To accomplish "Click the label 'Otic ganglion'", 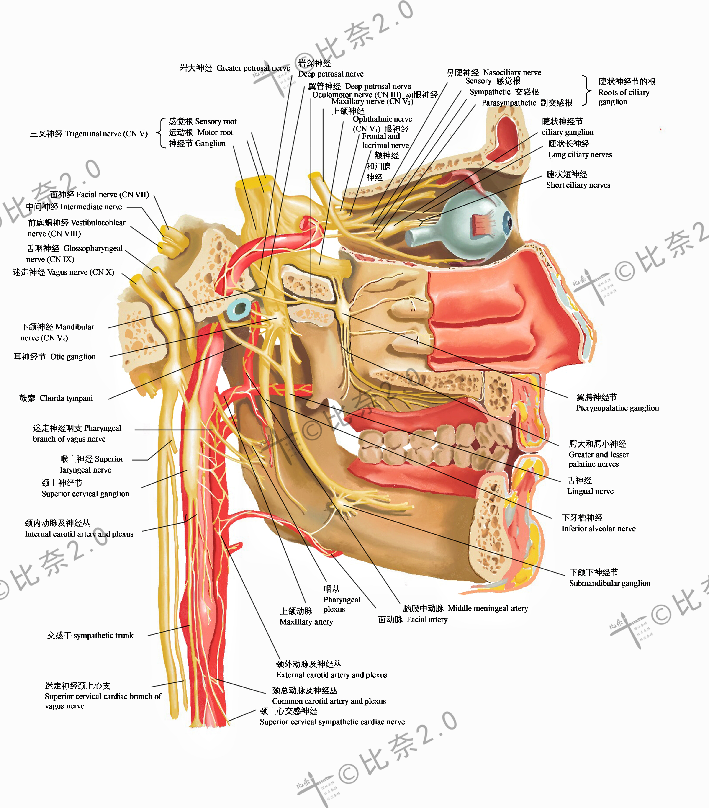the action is point(73,357).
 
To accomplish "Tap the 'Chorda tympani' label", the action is point(66,398).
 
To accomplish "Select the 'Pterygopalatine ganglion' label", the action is point(617,408).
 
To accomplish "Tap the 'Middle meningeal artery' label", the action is point(488,608).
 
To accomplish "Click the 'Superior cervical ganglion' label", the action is point(85,494).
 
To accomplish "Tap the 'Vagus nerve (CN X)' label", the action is point(81,272).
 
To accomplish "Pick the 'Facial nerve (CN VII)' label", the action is point(113,195).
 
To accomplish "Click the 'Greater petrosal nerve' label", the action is point(253,68).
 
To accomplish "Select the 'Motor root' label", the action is point(215,132).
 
